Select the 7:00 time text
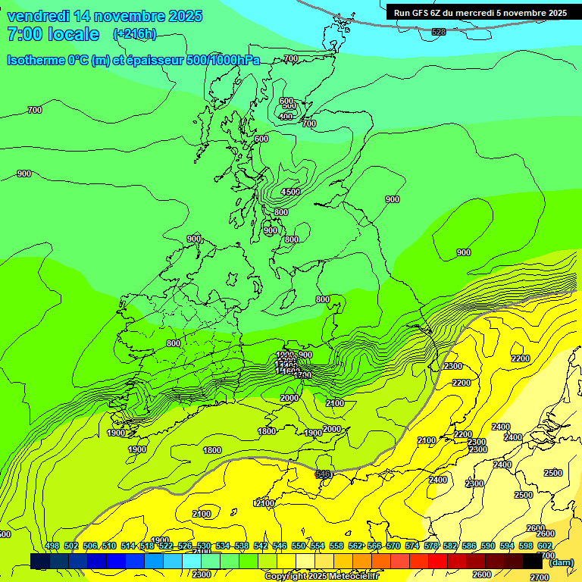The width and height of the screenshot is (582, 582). (x=24, y=34)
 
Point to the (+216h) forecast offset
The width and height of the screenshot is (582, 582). (x=135, y=34)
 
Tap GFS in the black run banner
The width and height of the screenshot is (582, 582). (x=421, y=13)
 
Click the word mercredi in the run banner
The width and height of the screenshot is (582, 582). (x=478, y=13)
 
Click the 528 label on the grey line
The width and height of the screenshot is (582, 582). (x=439, y=32)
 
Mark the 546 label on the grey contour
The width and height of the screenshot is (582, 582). (x=323, y=474)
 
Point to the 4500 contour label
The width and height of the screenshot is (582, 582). (x=290, y=192)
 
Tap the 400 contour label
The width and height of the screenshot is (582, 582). (x=286, y=117)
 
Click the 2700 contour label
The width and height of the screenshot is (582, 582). (x=540, y=577)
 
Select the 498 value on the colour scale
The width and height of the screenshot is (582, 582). (x=52, y=546)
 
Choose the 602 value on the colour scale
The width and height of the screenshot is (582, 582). (x=545, y=546)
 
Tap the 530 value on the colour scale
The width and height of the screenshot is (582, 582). (x=204, y=546)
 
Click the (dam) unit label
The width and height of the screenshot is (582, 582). (x=561, y=562)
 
